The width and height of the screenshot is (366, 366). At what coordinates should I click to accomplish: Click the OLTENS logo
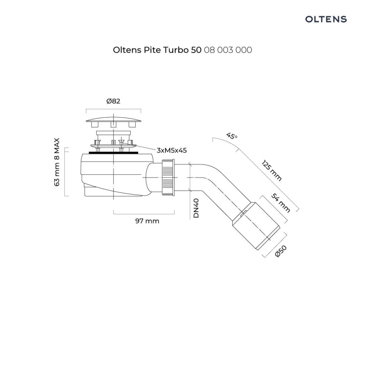point(326,19)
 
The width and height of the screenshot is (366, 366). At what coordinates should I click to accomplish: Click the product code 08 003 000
point(228,50)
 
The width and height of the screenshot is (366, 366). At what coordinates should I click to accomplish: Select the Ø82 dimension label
point(113,102)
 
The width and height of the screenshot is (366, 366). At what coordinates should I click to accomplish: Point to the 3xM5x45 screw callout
point(172,150)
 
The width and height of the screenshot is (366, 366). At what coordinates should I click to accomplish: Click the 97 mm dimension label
point(147,221)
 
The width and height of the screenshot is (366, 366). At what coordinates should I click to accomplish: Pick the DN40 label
point(196,208)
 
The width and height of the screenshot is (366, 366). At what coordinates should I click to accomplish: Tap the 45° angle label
point(232,136)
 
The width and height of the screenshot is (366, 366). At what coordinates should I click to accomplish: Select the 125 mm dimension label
point(271,171)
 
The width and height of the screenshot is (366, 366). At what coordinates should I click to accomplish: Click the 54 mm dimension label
point(281,203)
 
